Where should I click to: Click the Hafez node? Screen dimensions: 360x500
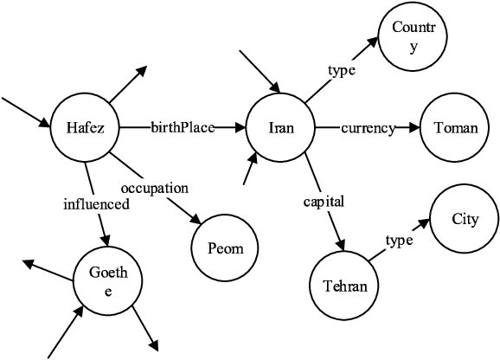tap(85, 129)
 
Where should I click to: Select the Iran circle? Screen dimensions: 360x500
tap(281, 129)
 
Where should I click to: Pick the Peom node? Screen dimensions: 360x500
tap(226, 248)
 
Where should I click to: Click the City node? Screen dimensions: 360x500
tap(465, 219)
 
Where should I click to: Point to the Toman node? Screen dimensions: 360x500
tap(455, 129)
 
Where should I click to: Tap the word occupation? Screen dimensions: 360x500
tap(155, 187)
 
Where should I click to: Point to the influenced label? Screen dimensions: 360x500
tap(96, 205)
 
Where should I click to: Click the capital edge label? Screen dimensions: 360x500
tap(324, 202)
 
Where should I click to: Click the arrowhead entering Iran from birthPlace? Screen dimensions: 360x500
tap(241, 129)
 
